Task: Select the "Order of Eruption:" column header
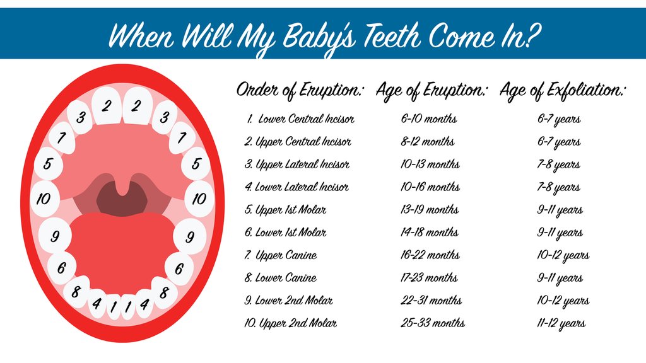tap(300, 90)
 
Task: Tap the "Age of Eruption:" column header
tap(432, 90)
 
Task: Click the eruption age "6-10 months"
tap(428, 119)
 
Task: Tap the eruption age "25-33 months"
tap(433, 323)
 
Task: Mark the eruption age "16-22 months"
tap(430, 255)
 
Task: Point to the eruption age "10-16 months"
tap(430, 187)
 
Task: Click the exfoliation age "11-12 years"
tap(561, 323)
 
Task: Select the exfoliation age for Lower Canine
tap(560, 278)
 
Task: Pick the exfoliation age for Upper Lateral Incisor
tap(559, 164)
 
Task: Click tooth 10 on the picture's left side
tap(43, 200)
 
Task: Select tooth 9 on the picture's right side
tap(190, 237)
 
